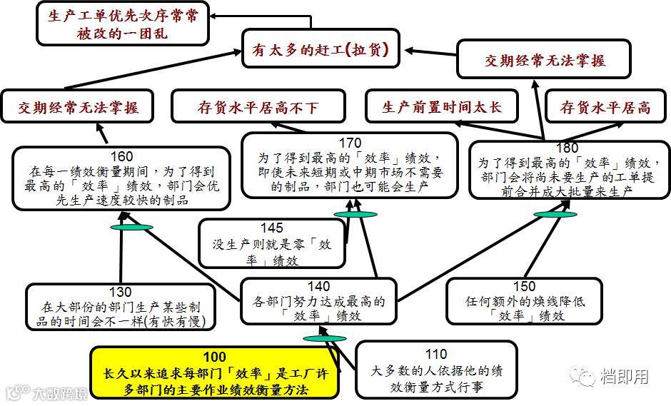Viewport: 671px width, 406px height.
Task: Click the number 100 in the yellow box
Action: coord(214,357)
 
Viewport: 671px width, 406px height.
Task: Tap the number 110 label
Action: coord(435,354)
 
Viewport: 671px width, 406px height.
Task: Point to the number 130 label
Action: coord(121,292)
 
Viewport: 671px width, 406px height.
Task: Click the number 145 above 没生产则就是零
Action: coord(271,228)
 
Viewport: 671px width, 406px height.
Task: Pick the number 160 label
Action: coord(123,156)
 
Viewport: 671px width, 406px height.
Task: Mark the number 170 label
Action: coord(350,142)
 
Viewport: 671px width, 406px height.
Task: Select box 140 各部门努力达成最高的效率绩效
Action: coord(318,301)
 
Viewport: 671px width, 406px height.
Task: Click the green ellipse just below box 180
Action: coord(555,213)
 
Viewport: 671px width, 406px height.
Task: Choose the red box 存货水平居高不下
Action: coord(258,108)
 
